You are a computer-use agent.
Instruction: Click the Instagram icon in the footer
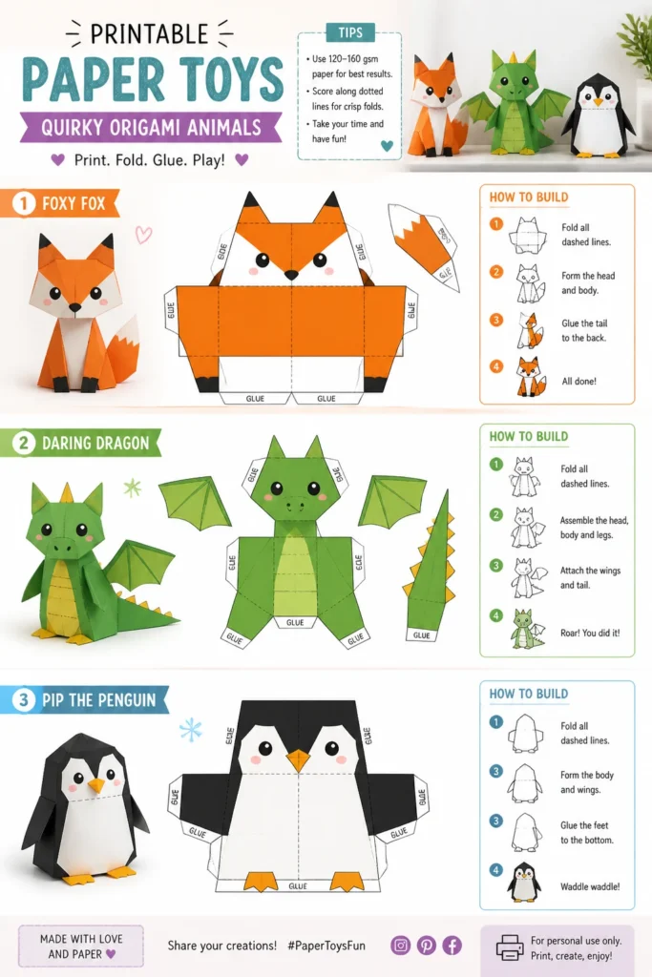pos(400,946)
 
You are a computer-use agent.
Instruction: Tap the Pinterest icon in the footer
pos(427,946)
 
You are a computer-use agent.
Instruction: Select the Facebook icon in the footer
pos(452,946)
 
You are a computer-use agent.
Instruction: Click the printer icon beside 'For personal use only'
pos(509,947)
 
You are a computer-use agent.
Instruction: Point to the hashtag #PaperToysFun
pos(326,946)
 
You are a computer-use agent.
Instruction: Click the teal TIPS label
pos(350,32)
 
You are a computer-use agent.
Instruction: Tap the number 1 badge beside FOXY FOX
pos(24,203)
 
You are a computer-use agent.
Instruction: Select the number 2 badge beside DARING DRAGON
pos(24,443)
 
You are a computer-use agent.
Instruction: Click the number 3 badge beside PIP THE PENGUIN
pos(24,699)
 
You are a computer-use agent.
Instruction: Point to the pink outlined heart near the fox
pos(143,235)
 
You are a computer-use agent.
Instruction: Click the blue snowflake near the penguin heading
pos(191,730)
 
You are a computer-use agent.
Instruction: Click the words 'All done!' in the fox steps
pos(579,382)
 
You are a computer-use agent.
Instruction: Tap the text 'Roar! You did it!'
pos(590,634)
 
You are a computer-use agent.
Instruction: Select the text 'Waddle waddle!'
pos(590,886)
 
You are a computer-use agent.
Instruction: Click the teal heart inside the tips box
pos(387,146)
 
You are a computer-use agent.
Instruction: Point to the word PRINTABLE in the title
pos(150,33)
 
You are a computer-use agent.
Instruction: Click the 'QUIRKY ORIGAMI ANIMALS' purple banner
pos(151,128)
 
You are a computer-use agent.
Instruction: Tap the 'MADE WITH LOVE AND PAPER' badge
pos(81,946)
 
